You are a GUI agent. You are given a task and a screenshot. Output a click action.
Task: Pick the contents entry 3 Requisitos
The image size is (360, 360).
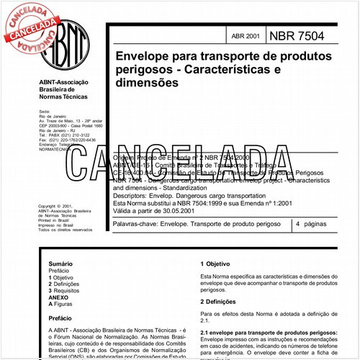69,292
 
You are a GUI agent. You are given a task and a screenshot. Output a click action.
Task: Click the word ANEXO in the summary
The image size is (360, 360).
60,298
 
